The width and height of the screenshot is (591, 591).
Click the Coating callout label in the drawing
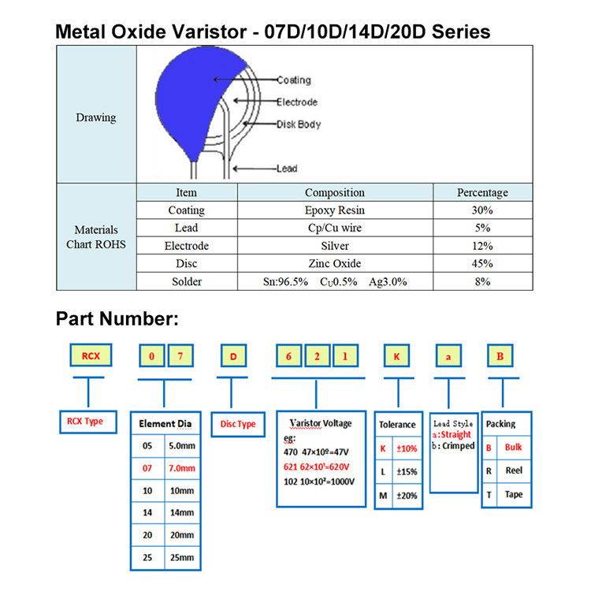coord(293,80)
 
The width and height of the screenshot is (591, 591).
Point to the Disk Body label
coord(298,125)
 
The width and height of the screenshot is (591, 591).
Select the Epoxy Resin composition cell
coord(334,210)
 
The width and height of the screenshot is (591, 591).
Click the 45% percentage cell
coord(482,264)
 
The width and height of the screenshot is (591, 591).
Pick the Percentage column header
coord(482,192)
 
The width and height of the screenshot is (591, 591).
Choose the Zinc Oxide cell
coord(334,264)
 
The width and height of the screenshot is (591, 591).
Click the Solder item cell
coord(186,281)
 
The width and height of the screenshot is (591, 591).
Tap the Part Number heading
coord(117,319)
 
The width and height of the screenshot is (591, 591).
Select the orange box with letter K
coord(396,357)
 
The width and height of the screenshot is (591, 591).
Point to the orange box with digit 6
coord(289,357)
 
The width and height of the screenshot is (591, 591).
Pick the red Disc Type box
coord(237,424)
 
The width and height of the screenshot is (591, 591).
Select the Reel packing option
coord(513,470)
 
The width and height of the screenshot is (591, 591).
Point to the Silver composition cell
coord(334,246)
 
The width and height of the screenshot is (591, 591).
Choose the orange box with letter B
coord(498,357)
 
